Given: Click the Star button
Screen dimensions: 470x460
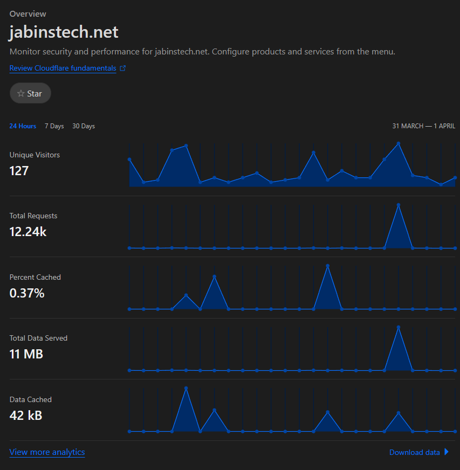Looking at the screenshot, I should (30, 93).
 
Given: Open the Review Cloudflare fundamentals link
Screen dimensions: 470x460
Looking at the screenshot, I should (63, 68).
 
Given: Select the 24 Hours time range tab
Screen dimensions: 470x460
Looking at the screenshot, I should (23, 126).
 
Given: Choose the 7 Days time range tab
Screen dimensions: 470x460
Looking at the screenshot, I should (54, 126).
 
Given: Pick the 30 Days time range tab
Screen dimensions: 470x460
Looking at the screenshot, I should (84, 126).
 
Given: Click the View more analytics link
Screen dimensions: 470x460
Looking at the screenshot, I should (47, 452).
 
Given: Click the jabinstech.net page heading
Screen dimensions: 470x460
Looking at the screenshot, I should (64, 32).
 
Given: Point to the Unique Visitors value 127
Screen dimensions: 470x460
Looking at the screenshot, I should (19, 171).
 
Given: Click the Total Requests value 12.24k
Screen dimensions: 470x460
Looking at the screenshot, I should (28, 232).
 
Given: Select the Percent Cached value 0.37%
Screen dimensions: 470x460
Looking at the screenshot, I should (27, 293).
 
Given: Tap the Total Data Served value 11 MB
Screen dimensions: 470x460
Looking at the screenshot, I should (26, 354).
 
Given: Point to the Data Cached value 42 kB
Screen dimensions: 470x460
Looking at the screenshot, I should (26, 416).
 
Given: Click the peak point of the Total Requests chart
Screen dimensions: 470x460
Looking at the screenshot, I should (398, 205).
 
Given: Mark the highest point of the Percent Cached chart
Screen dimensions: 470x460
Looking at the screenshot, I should (327, 266).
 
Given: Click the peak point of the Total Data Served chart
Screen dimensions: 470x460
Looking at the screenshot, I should (398, 327).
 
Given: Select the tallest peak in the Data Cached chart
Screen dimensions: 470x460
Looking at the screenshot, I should (186, 388).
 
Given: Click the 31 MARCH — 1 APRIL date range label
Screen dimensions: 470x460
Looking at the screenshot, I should (424, 126).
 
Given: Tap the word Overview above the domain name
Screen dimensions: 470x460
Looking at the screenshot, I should (28, 14).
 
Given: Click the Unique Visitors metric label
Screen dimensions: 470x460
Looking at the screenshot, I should (35, 155).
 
